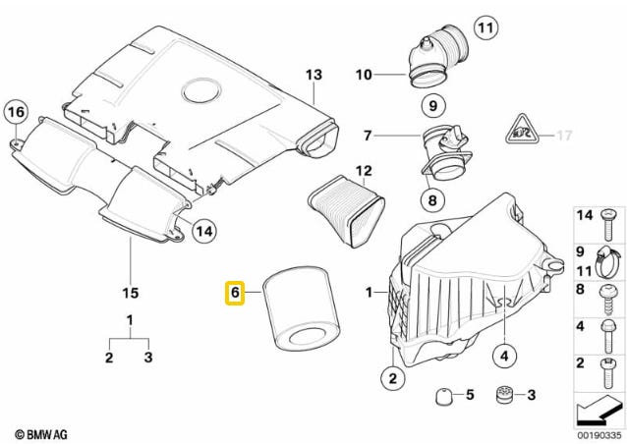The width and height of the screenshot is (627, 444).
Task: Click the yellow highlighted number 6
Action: pyautogui.click(x=235, y=293)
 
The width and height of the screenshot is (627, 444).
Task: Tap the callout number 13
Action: pyautogui.click(x=313, y=75)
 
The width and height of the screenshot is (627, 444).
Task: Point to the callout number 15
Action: pyautogui.click(x=130, y=293)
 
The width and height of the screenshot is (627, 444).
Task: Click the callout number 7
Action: pyautogui.click(x=369, y=135)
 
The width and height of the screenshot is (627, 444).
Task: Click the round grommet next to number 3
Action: pyautogui.click(x=506, y=395)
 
